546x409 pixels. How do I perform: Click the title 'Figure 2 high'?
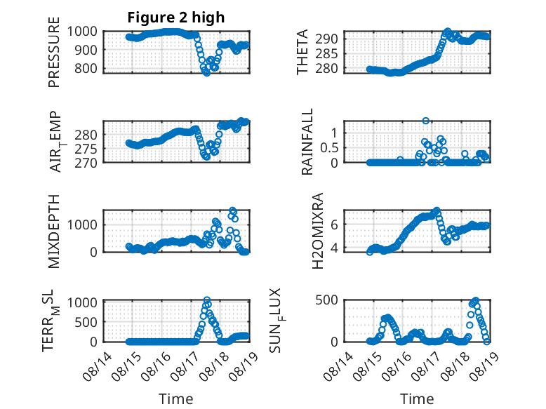[x=176, y=18]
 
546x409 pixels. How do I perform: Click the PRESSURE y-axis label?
[x=54, y=52]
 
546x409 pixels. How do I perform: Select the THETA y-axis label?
[x=302, y=52]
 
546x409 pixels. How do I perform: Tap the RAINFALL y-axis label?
[x=307, y=142]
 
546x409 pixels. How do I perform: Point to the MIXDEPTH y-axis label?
[x=54, y=231]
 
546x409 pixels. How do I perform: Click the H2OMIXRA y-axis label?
[x=318, y=231]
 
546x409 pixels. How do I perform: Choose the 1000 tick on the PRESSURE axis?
[x=82, y=32]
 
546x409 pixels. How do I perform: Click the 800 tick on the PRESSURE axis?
[x=86, y=68]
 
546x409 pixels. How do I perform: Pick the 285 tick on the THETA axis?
[x=326, y=53]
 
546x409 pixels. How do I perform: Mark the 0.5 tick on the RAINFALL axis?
[x=329, y=147]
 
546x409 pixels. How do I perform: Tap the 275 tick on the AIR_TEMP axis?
[x=86, y=149]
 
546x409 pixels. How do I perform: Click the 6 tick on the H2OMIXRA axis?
[x=334, y=224]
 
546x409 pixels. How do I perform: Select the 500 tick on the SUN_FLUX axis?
[x=326, y=300]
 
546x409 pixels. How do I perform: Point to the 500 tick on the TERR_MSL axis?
[x=86, y=322]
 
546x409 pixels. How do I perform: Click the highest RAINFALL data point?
[x=425, y=121]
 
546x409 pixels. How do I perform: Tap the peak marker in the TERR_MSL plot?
[x=207, y=300]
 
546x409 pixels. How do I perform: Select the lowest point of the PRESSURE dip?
[x=206, y=73]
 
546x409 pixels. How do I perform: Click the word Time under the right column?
[x=417, y=399]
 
